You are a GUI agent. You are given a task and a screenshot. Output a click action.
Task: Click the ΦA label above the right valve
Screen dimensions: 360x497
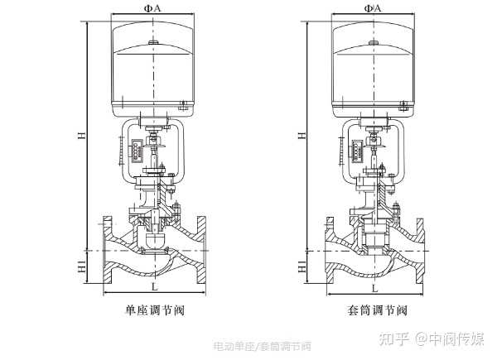pyautogui.click(x=373, y=8)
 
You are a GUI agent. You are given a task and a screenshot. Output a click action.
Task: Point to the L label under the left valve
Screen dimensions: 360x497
pyautogui.click(x=154, y=287)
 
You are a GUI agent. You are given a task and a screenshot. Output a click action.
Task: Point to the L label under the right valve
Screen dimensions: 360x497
pyautogui.click(x=374, y=287)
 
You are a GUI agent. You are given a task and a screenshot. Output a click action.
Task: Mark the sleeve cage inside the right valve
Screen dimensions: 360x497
pyautogui.click(x=374, y=238)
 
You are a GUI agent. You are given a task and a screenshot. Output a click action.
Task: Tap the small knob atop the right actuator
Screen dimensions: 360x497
pyautogui.click(x=373, y=42)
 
